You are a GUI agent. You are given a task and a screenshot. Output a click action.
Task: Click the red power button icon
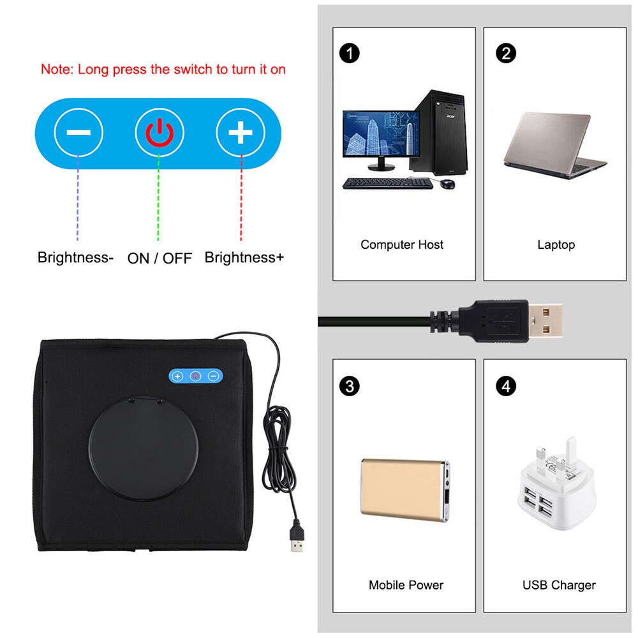point(159,133)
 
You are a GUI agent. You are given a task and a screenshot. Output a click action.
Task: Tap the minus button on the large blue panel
point(78,133)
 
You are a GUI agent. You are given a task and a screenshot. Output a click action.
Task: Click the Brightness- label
point(75,258)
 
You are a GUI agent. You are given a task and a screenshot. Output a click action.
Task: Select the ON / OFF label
point(159,258)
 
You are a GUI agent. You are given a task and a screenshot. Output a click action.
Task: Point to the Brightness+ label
point(244,258)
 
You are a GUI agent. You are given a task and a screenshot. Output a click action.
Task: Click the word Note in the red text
point(56,70)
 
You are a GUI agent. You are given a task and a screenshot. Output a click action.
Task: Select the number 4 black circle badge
point(506,386)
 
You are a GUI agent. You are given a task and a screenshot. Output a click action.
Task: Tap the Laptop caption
point(556,244)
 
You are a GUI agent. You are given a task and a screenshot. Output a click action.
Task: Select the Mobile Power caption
point(406,584)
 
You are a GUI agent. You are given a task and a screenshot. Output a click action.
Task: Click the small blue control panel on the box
point(196,376)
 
